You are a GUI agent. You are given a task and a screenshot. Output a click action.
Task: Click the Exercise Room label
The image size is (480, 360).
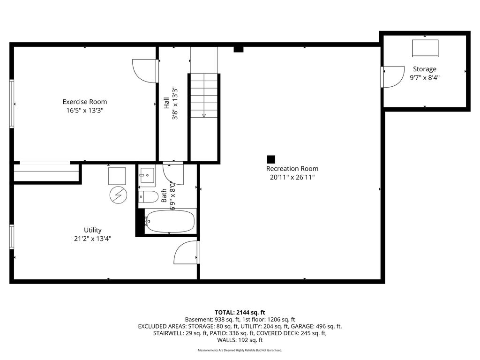point(85,102)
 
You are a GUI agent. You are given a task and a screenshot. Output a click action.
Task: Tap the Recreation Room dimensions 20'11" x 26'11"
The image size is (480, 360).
point(292,177)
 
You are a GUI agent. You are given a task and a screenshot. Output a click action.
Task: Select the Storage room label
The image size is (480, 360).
point(425,69)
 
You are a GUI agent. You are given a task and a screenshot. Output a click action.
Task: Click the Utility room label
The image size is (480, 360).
point(93,230)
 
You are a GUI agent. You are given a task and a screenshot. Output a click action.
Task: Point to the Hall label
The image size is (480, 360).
point(166,103)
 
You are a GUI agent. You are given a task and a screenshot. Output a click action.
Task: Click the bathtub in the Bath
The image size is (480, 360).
point(170,221)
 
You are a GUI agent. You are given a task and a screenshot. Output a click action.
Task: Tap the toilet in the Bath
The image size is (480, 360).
point(148,197)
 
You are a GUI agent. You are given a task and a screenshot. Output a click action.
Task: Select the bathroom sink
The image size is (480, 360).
point(147,175)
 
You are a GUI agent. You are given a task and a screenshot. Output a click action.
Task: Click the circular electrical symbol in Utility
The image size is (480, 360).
point(118,195)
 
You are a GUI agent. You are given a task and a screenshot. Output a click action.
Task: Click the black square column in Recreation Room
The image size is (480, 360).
point(271,159)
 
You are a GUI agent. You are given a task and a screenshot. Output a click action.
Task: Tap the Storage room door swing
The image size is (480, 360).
point(394,77)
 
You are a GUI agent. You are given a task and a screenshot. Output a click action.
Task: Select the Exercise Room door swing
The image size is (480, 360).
point(144,71)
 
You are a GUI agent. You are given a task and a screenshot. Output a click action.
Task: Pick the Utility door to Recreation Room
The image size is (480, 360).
point(186,252)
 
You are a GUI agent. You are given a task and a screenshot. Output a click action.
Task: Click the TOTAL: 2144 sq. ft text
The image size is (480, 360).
point(240,313)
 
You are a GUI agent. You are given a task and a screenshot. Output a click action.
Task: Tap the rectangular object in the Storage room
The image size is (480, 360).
point(425,48)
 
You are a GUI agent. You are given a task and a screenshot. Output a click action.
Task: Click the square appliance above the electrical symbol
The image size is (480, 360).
point(117,176)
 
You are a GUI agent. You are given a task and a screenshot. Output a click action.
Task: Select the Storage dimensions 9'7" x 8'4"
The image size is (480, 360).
point(425,77)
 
